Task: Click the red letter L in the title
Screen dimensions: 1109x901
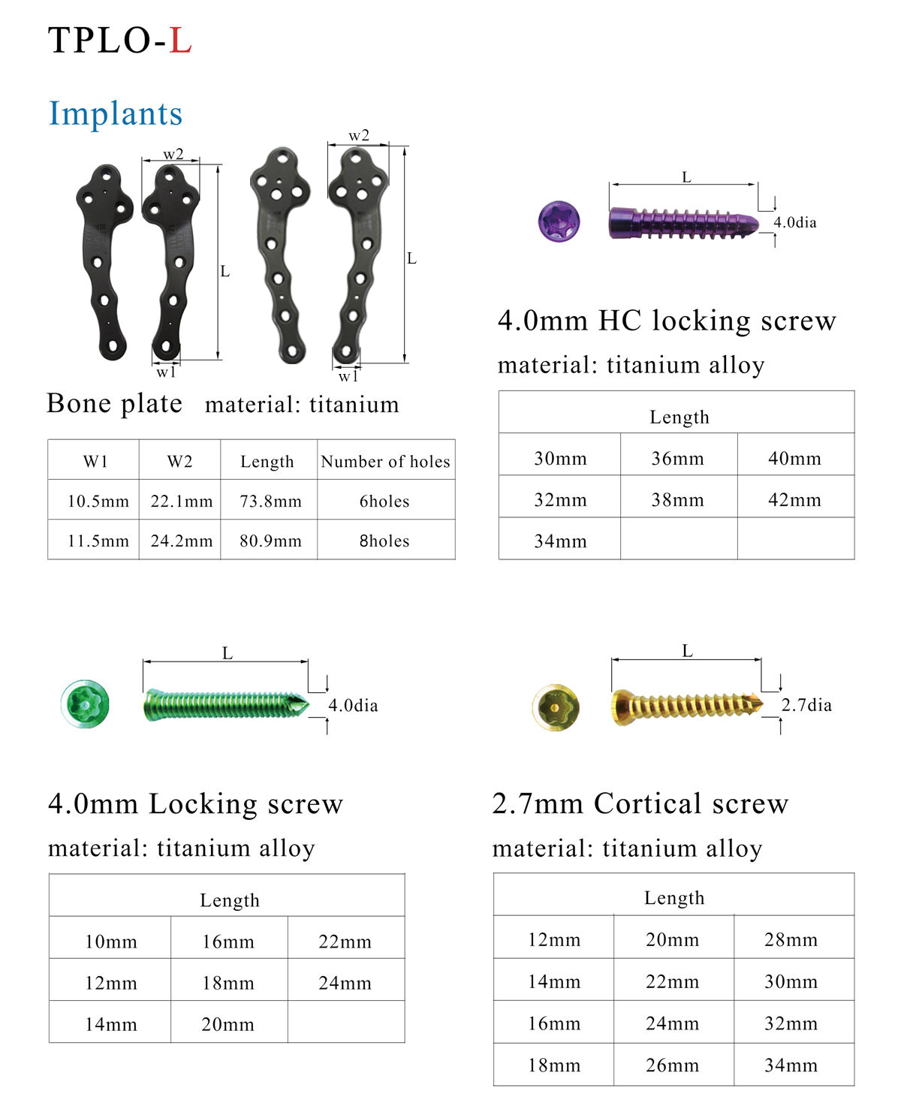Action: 180,40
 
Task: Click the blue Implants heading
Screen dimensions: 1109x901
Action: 116,113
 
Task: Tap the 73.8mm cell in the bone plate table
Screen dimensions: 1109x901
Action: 270,501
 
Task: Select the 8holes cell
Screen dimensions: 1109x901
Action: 384,541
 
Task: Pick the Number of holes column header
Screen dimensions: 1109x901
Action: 385,461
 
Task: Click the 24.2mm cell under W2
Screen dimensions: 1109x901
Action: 182,541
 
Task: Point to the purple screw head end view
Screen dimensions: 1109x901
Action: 559,221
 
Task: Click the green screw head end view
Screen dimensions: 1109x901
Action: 86,704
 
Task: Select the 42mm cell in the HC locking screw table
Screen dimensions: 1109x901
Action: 794,499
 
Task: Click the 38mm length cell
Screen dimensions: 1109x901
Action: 677,499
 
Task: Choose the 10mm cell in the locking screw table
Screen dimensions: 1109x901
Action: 111,941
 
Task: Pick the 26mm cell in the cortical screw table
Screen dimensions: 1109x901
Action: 672,1065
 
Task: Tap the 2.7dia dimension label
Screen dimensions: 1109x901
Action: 806,705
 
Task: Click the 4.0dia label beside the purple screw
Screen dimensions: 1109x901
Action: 795,222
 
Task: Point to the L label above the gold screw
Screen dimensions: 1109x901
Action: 687,651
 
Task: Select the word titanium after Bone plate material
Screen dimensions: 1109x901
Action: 354,405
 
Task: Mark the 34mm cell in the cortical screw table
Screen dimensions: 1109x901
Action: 791,1065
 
